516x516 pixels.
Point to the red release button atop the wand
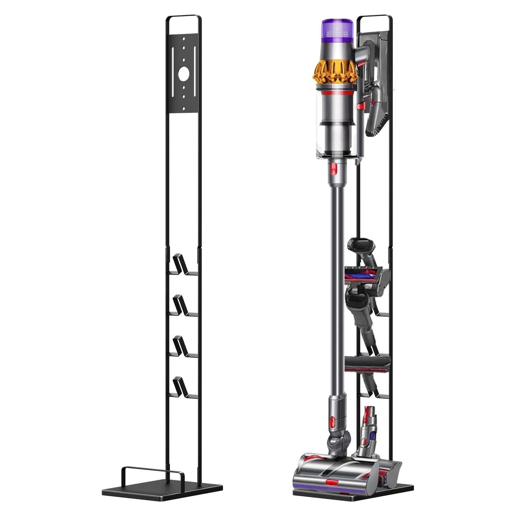(x=334, y=168)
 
